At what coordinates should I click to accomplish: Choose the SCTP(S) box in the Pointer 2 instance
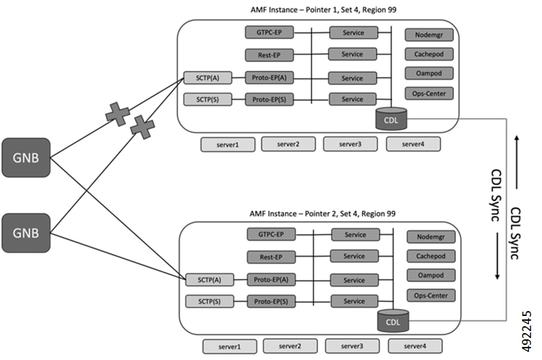click(x=206, y=301)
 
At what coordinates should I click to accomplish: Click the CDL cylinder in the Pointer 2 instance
click(x=393, y=320)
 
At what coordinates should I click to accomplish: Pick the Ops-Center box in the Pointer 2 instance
click(x=431, y=295)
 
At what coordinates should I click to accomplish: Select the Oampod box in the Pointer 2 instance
click(x=431, y=275)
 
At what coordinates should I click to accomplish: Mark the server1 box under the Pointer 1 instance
click(x=228, y=145)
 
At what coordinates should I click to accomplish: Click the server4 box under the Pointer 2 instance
click(x=415, y=345)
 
